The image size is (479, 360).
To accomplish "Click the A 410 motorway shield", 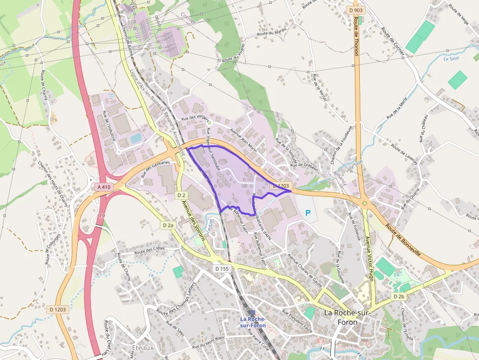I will coord(104,187).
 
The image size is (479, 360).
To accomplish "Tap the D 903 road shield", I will coord(356,10).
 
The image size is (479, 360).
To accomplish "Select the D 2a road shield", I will coord(168,225).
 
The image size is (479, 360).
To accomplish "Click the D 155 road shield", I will coord(221,269).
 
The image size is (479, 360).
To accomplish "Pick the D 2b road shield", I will coord(399,296).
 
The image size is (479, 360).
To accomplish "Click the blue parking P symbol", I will coord(308,213).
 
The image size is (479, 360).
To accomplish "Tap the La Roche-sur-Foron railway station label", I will coord(252,322).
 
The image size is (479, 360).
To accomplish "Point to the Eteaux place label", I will coord(143,348).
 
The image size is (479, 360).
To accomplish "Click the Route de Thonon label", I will coord(356,36).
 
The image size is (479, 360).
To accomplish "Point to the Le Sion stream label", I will coord(452,59).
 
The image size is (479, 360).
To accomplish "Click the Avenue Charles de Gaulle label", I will coord(306,271).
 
